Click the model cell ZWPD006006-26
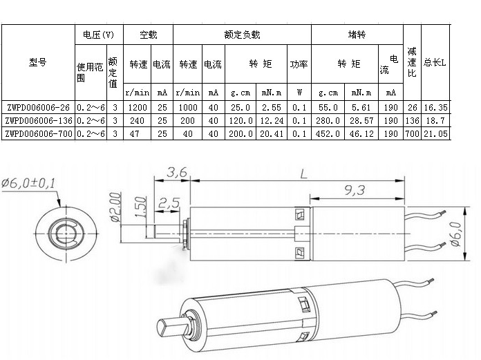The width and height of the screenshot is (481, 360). click(37, 107)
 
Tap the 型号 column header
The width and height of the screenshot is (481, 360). click(37, 61)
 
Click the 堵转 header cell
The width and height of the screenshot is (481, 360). click(357, 34)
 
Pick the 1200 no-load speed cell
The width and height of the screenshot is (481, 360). click(138, 107)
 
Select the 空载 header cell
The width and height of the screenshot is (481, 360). click(148, 34)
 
